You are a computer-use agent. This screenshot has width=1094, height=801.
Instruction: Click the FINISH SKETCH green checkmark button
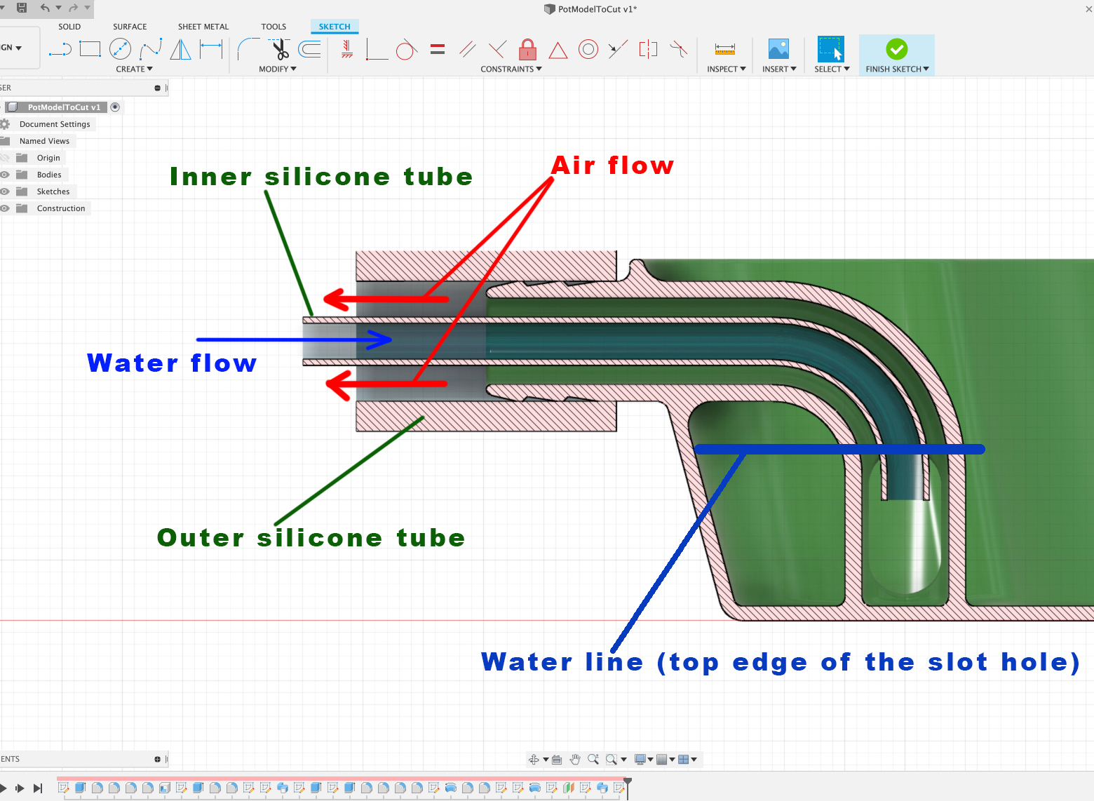click(x=896, y=49)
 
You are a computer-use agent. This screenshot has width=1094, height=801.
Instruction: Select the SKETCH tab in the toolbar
click(x=334, y=27)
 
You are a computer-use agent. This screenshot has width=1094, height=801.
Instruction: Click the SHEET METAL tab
click(x=203, y=27)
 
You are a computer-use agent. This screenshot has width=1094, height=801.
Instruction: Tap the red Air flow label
click(x=612, y=166)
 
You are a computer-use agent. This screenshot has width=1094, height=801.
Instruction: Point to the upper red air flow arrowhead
click(x=336, y=299)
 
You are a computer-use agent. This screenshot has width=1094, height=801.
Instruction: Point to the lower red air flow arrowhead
click(x=339, y=384)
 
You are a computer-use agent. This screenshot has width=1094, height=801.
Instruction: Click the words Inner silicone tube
click(x=321, y=177)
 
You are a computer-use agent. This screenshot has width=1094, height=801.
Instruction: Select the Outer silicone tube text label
click(x=311, y=538)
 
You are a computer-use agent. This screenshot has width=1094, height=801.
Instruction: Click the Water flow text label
click(x=172, y=363)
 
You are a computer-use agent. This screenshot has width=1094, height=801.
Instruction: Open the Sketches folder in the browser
click(x=53, y=191)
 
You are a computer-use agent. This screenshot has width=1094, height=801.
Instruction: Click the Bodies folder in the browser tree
click(x=49, y=175)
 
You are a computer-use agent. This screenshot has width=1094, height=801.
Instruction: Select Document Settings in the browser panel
click(x=55, y=124)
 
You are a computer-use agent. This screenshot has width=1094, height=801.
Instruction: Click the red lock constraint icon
click(x=527, y=50)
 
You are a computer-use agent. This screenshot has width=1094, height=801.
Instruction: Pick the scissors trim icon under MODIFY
click(x=281, y=49)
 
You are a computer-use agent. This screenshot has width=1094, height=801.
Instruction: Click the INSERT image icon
click(x=778, y=49)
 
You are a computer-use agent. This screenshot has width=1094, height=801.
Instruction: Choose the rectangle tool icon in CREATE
click(x=90, y=49)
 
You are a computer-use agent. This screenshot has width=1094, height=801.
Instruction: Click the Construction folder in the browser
click(x=60, y=208)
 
